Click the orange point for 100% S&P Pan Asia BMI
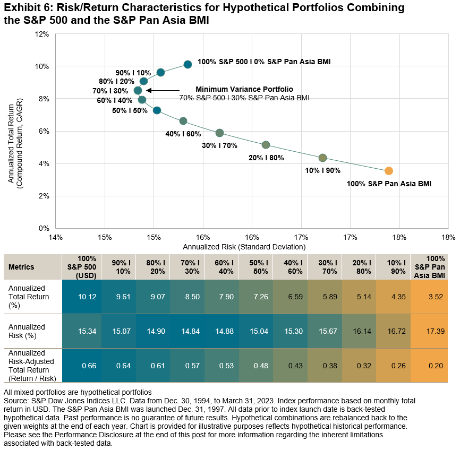pyautogui.click(x=389, y=171)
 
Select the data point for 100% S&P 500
pyautogui.click(x=188, y=64)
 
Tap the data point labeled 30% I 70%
pyautogui.click(x=219, y=133)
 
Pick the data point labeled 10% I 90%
pyautogui.click(x=322, y=158)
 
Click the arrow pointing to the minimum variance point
pyautogui.click(x=162, y=90)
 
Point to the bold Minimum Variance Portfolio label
pyautogui.click(x=244, y=89)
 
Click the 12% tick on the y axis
pyautogui.click(x=42, y=34)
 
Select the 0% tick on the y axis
pyautogui.click(x=44, y=228)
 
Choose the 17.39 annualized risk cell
pyautogui.click(x=434, y=331)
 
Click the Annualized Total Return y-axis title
pyautogui.click(x=15, y=131)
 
